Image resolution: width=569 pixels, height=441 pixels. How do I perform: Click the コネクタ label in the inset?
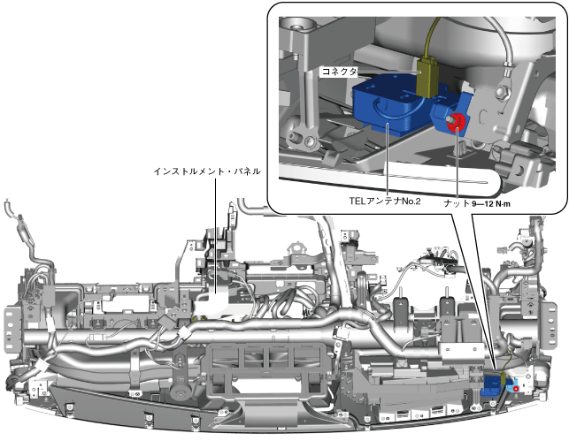tap(339, 72)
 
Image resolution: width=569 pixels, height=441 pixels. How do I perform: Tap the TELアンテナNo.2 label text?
tap(385, 201)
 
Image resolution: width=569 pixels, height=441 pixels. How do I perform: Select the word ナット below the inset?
tap(457, 203)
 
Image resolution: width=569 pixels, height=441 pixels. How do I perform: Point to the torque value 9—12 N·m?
tap(491, 203)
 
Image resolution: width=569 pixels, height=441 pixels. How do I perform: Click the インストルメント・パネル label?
tap(207, 171)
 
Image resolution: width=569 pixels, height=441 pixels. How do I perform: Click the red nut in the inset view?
tap(455, 121)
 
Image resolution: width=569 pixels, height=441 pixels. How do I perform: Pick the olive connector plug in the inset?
tap(428, 77)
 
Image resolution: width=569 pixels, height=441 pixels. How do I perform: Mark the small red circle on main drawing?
tap(516, 389)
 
